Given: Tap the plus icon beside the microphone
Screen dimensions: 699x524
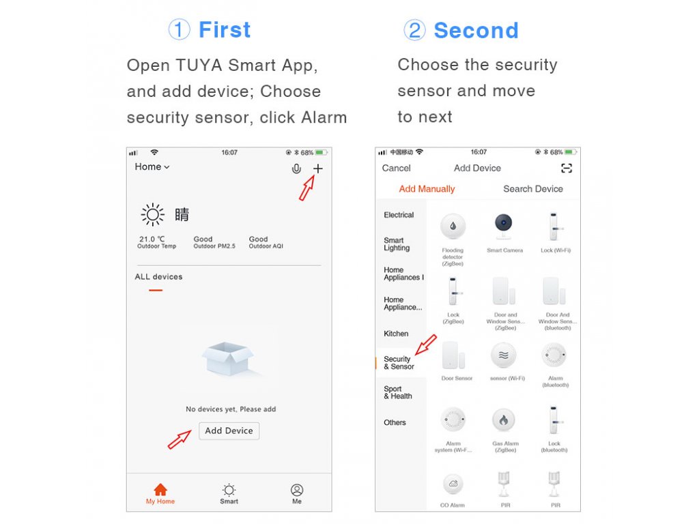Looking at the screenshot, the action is click(x=317, y=169).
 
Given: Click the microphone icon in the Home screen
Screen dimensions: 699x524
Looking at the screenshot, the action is click(x=296, y=169).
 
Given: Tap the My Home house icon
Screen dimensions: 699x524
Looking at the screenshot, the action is click(x=160, y=490).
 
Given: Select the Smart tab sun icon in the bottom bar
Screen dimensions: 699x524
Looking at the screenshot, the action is click(x=229, y=490).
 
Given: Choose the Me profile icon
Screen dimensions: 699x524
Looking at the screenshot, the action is click(x=297, y=490).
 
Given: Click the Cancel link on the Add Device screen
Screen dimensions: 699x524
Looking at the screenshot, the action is click(x=397, y=168).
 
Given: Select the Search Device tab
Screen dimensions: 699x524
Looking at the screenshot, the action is click(x=532, y=189).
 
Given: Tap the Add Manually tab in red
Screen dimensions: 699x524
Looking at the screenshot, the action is click(x=427, y=189).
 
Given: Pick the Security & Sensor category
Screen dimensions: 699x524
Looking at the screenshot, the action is click(x=399, y=363).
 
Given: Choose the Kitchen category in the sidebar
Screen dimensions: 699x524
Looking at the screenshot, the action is click(x=396, y=333).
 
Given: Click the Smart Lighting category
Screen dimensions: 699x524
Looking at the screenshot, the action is click(x=397, y=244).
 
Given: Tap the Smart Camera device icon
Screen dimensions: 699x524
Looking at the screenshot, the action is click(x=503, y=227).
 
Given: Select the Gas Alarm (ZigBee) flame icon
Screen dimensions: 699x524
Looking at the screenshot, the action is click(x=503, y=420).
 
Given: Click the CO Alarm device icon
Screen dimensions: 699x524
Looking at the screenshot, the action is click(x=453, y=484).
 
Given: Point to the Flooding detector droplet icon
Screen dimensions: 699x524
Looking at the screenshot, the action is click(x=453, y=226).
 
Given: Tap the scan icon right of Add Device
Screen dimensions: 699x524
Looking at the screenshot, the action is click(x=566, y=168).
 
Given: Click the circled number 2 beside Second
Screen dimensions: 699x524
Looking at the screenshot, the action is click(x=414, y=30).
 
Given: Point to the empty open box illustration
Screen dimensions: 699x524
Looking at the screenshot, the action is click(x=228, y=358).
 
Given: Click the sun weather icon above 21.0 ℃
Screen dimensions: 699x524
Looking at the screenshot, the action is click(x=152, y=215).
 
